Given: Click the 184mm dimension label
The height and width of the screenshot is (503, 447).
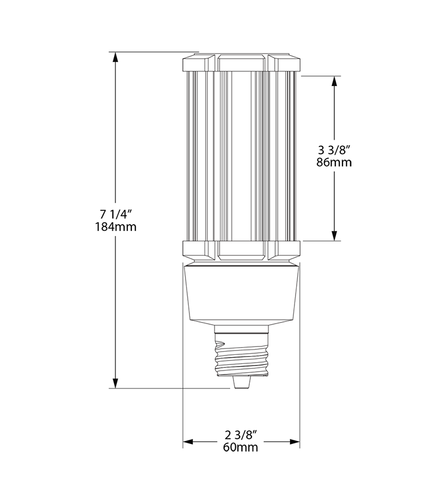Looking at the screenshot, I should pyautogui.click(x=116, y=227).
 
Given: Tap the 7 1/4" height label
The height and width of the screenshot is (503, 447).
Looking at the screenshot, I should pyautogui.click(x=116, y=214).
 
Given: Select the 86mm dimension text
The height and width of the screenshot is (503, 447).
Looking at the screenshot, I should pyautogui.click(x=335, y=163).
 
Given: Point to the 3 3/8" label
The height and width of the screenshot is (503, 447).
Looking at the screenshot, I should pyautogui.click(x=335, y=150).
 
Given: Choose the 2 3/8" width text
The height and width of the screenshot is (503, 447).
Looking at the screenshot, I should pyautogui.click(x=241, y=434).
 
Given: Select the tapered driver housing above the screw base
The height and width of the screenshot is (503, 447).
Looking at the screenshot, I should pyautogui.click(x=241, y=293).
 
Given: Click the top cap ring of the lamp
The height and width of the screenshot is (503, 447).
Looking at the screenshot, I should pyautogui.click(x=241, y=63).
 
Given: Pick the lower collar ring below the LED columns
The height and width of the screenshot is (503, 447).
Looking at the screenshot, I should pyautogui.click(x=241, y=250).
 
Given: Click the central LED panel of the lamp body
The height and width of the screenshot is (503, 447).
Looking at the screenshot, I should pyautogui.click(x=241, y=156).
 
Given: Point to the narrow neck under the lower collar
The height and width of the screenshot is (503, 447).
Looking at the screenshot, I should pyautogui.click(x=241, y=263).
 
